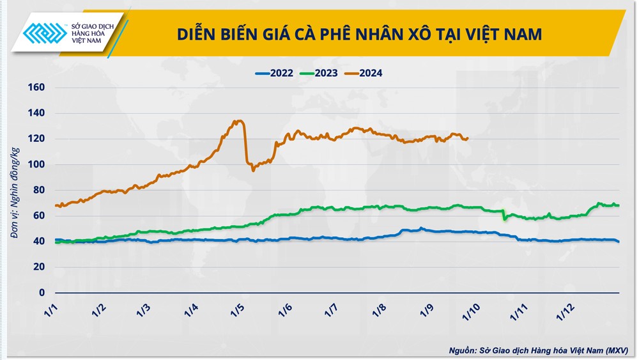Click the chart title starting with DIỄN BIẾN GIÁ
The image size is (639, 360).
click(359, 34)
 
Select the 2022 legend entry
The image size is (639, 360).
click(274, 73)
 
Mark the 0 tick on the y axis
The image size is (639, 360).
click(42, 293)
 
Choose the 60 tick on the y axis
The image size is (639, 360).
click(38, 216)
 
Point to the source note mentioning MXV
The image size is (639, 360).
click(538, 350)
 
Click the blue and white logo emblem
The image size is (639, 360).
click(45, 33)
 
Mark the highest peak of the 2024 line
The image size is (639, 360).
click(238, 120)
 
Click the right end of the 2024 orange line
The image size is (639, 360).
click(468, 138)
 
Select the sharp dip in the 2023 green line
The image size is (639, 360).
click(504, 219)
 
